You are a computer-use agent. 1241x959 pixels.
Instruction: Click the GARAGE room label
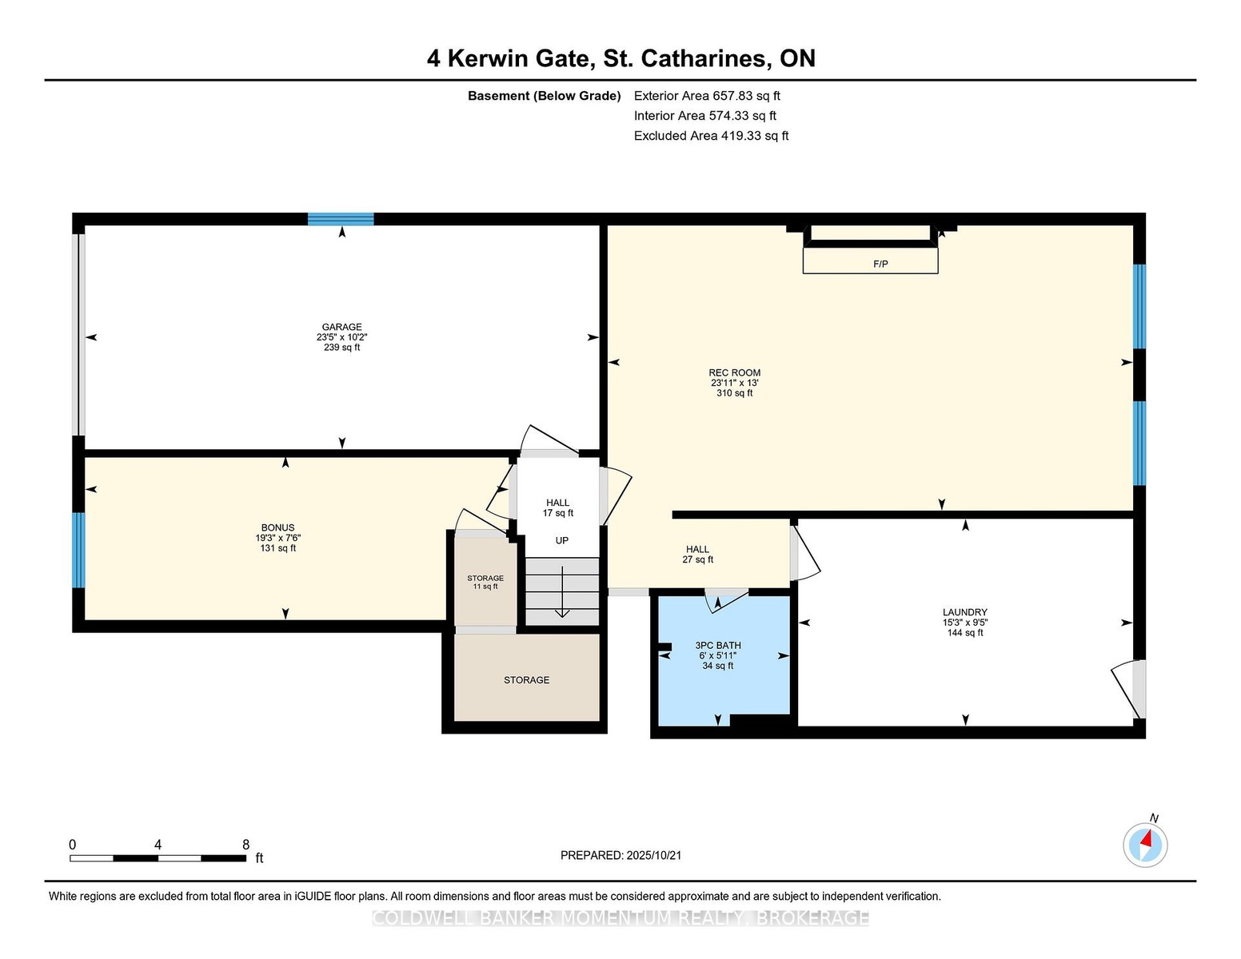click(341, 327)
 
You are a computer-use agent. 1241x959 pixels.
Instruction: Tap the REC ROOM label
click(734, 372)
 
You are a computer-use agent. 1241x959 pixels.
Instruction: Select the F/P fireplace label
click(880, 265)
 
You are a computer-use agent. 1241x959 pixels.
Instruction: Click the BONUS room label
click(277, 527)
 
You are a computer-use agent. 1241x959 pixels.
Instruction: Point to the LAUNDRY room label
click(965, 612)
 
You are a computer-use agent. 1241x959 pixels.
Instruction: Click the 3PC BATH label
click(718, 645)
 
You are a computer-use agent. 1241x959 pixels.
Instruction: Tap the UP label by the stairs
click(562, 540)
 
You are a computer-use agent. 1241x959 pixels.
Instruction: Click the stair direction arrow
click(563, 591)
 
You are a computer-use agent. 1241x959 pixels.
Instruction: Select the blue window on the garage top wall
click(341, 219)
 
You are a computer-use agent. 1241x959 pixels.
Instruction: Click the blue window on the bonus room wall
click(78, 550)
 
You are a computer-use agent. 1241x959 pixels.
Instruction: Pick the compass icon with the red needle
click(1145, 845)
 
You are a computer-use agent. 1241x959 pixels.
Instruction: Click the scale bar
click(158, 858)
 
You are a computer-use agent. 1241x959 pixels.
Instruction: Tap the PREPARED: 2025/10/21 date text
click(620, 855)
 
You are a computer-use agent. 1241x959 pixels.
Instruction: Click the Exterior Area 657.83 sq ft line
click(707, 96)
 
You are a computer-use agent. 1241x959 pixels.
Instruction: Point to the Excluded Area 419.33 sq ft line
click(711, 136)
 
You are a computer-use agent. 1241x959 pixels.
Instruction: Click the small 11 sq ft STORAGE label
click(485, 582)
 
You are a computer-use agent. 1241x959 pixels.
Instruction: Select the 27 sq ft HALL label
click(697, 555)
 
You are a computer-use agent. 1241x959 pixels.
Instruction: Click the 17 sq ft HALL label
click(557, 507)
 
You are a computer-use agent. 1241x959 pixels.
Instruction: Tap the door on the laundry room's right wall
click(1128, 689)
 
